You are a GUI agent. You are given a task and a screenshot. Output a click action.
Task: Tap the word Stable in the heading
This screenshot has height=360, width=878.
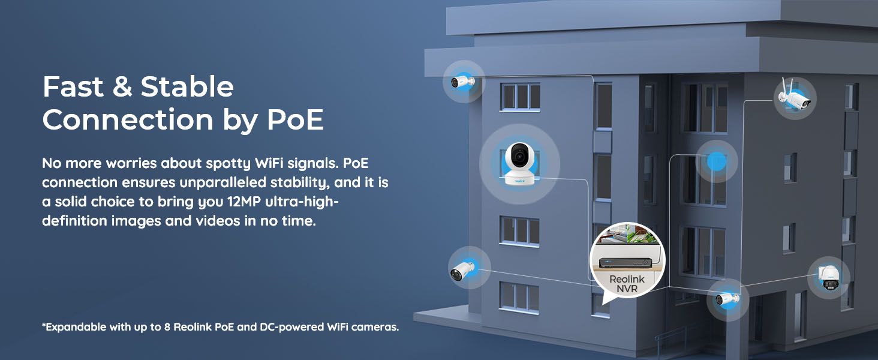coord(187,88)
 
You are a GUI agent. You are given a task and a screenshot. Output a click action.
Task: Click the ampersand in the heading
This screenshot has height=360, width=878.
coord(122,88)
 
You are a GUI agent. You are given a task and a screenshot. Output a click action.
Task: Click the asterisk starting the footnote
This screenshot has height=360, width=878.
coord(44,326)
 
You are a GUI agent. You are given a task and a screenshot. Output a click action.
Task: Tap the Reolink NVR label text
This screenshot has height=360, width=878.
coord(627,284)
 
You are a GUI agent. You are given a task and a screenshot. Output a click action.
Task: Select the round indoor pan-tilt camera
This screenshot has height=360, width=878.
coord(519,164)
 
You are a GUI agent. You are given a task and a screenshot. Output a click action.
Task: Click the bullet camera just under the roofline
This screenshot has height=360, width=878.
coord(462,82)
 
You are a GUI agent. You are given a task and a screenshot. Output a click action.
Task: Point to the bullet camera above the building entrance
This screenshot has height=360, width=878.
coord(727,299)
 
